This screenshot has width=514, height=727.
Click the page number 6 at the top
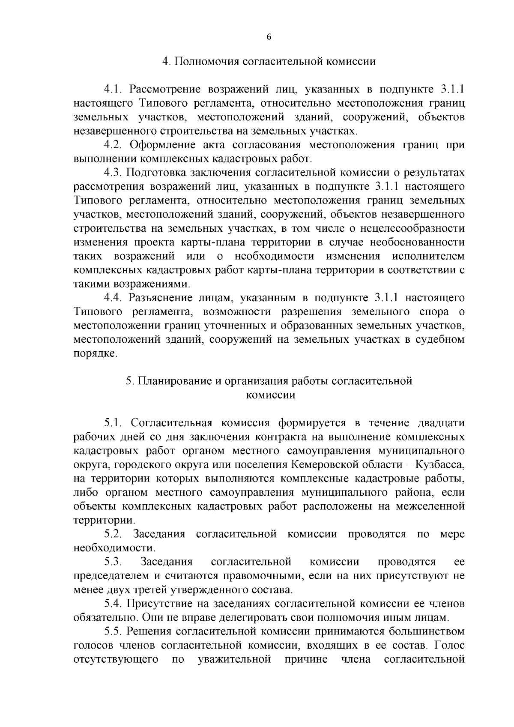(269, 37)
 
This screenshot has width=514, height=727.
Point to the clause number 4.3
(114, 173)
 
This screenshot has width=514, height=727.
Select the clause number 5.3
(114, 562)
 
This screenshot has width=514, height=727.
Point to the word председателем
(111, 576)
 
